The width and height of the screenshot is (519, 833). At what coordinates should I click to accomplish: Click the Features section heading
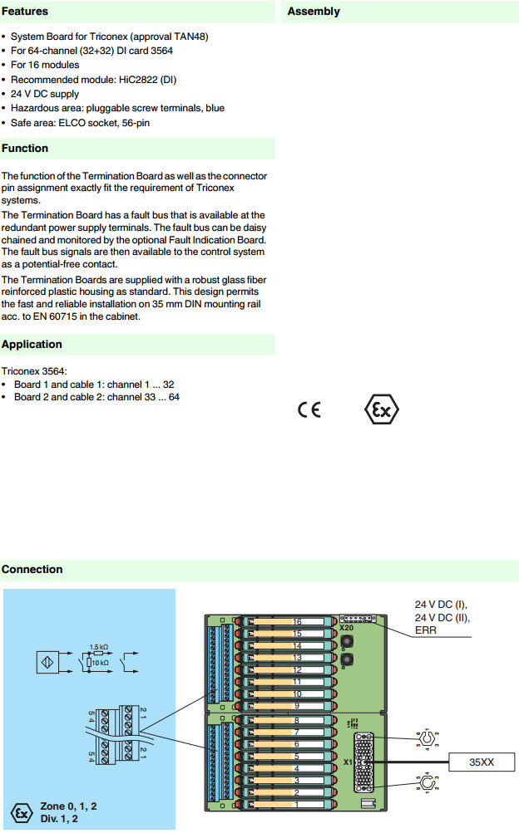(x=25, y=12)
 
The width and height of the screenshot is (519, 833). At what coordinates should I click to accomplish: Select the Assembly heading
(x=314, y=12)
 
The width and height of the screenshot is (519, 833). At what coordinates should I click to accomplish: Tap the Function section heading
(x=25, y=149)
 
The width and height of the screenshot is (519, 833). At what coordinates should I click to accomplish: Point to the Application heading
(x=32, y=345)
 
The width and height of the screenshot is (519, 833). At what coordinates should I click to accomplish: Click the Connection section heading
(x=32, y=570)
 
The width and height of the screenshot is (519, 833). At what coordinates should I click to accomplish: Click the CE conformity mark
(x=309, y=410)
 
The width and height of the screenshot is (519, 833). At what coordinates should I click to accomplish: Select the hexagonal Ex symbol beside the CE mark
(x=383, y=410)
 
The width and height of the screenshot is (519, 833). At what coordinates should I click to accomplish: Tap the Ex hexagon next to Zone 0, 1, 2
(x=18, y=811)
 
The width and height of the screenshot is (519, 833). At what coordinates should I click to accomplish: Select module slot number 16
(x=296, y=622)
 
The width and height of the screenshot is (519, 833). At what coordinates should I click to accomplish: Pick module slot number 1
(x=296, y=804)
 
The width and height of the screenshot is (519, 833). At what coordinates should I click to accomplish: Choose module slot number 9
(x=296, y=705)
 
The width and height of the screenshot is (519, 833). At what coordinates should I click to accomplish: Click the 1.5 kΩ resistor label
(x=99, y=646)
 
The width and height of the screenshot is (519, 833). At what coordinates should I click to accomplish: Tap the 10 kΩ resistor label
(x=101, y=663)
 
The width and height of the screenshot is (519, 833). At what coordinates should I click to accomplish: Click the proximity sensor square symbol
(x=47, y=662)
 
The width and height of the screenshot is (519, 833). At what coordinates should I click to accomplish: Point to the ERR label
(x=427, y=630)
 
